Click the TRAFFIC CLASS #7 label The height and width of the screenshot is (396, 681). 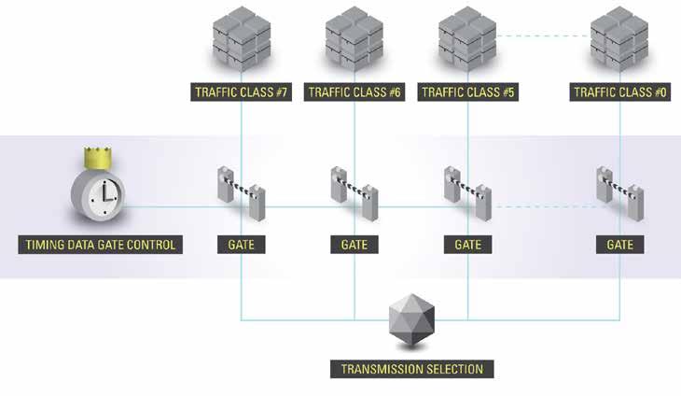coord(241,93)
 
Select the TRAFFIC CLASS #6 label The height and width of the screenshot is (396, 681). coord(354,93)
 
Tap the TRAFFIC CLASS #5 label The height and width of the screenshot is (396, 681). coord(467,93)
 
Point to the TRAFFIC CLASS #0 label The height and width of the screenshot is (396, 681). coord(619,93)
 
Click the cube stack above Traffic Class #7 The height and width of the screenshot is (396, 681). coord(241,37)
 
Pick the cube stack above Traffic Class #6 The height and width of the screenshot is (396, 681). coord(354,37)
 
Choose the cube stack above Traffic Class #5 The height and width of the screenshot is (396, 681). coord(467,37)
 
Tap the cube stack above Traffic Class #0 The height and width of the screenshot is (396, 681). coord(619,37)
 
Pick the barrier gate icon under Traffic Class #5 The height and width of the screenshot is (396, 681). coord(467,193)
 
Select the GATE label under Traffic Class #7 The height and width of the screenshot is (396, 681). coord(241,246)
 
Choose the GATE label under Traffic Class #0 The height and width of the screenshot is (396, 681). coord(619,246)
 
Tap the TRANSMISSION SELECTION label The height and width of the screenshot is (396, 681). coord(410,369)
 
